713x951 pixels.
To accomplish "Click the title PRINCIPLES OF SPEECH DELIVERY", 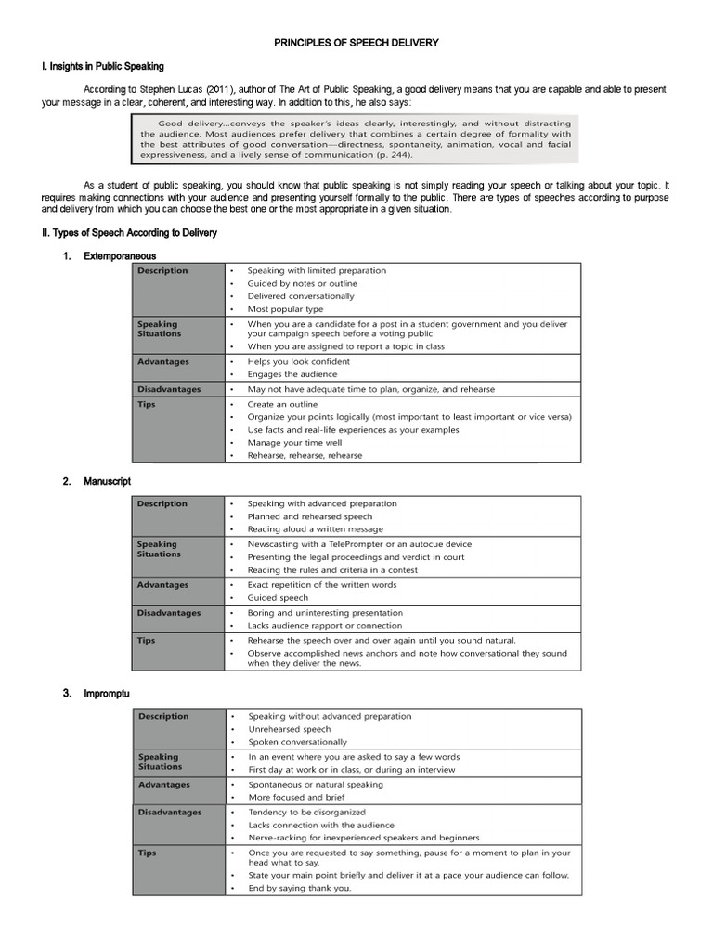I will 356,43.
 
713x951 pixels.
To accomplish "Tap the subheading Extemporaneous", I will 120,255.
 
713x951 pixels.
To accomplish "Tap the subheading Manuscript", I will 107,481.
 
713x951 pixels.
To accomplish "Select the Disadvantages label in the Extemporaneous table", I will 169,389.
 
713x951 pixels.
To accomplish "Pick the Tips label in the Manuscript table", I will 147,641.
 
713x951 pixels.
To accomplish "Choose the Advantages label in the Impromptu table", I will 163,785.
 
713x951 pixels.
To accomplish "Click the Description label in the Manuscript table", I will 162,503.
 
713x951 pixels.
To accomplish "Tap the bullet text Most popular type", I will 285,309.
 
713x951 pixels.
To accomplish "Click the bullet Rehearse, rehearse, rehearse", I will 305,456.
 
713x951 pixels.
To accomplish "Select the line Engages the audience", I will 292,374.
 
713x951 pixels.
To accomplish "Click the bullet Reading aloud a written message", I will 315,529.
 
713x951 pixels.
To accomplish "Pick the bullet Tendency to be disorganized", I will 306,812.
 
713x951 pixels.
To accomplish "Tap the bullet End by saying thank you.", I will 300,888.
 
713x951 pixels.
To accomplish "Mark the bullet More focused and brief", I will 297,798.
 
